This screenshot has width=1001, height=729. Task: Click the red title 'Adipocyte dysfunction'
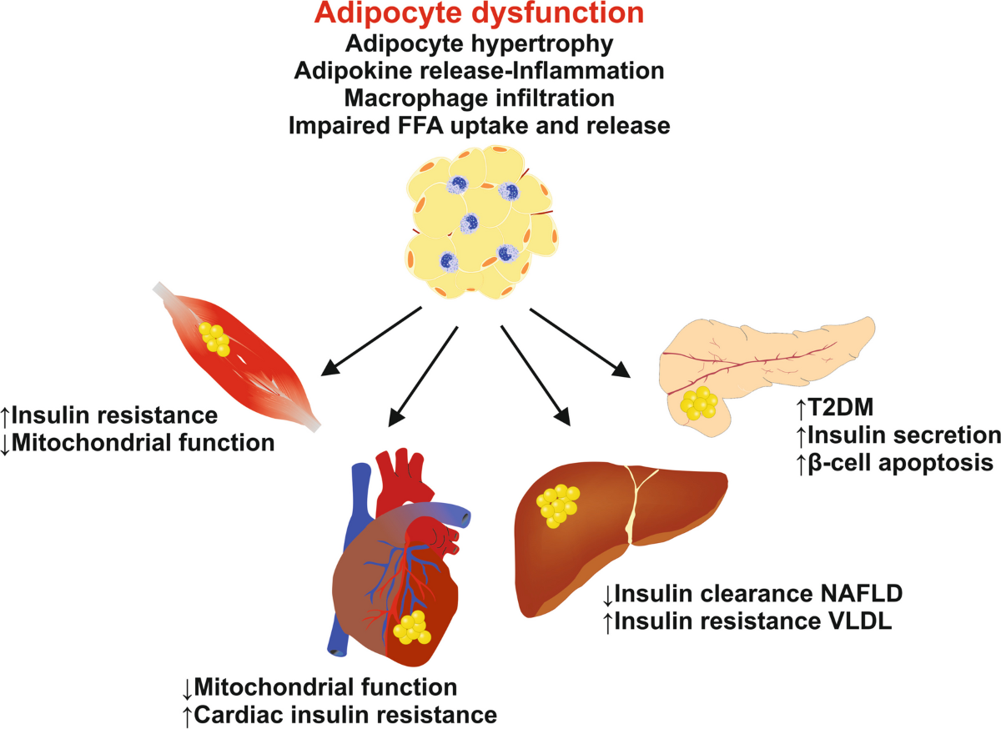479,13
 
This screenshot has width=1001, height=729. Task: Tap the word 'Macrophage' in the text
412,98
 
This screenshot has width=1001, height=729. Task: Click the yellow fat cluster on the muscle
214,339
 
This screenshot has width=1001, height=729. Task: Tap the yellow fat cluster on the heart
411,627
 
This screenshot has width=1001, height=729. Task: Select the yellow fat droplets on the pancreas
698,403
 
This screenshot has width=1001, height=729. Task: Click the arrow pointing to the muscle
371,341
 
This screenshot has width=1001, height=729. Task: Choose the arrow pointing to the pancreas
580,343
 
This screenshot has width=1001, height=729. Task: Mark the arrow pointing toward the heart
423,376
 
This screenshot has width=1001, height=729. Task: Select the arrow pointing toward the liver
536,375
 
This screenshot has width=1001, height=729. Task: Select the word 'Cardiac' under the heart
240,715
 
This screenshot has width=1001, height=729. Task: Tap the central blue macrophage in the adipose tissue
469,223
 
